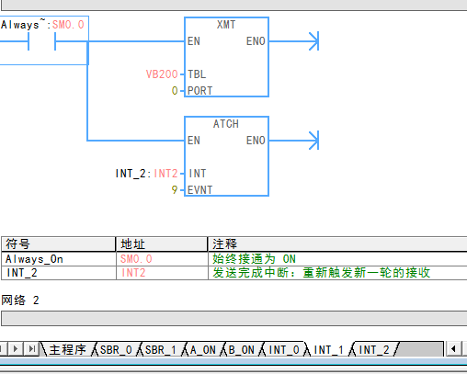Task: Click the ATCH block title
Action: pos(225,124)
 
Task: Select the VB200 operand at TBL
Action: pos(161,74)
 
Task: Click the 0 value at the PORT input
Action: pos(175,91)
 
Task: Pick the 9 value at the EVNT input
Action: pos(175,189)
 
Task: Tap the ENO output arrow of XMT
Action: pos(312,40)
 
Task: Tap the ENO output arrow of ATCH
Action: pos(312,140)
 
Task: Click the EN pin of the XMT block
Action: pos(193,41)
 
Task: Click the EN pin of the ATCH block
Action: pos(193,141)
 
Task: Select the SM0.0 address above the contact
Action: pos(69,25)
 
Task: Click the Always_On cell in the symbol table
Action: pos(35,259)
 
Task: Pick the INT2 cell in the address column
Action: pos(134,273)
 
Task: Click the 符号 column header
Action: pos(18,244)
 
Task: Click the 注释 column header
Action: pos(225,244)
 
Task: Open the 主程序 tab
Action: pos(67,350)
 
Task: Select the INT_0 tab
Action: pos(284,350)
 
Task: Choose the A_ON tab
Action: pos(203,350)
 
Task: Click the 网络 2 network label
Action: pos(20,300)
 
